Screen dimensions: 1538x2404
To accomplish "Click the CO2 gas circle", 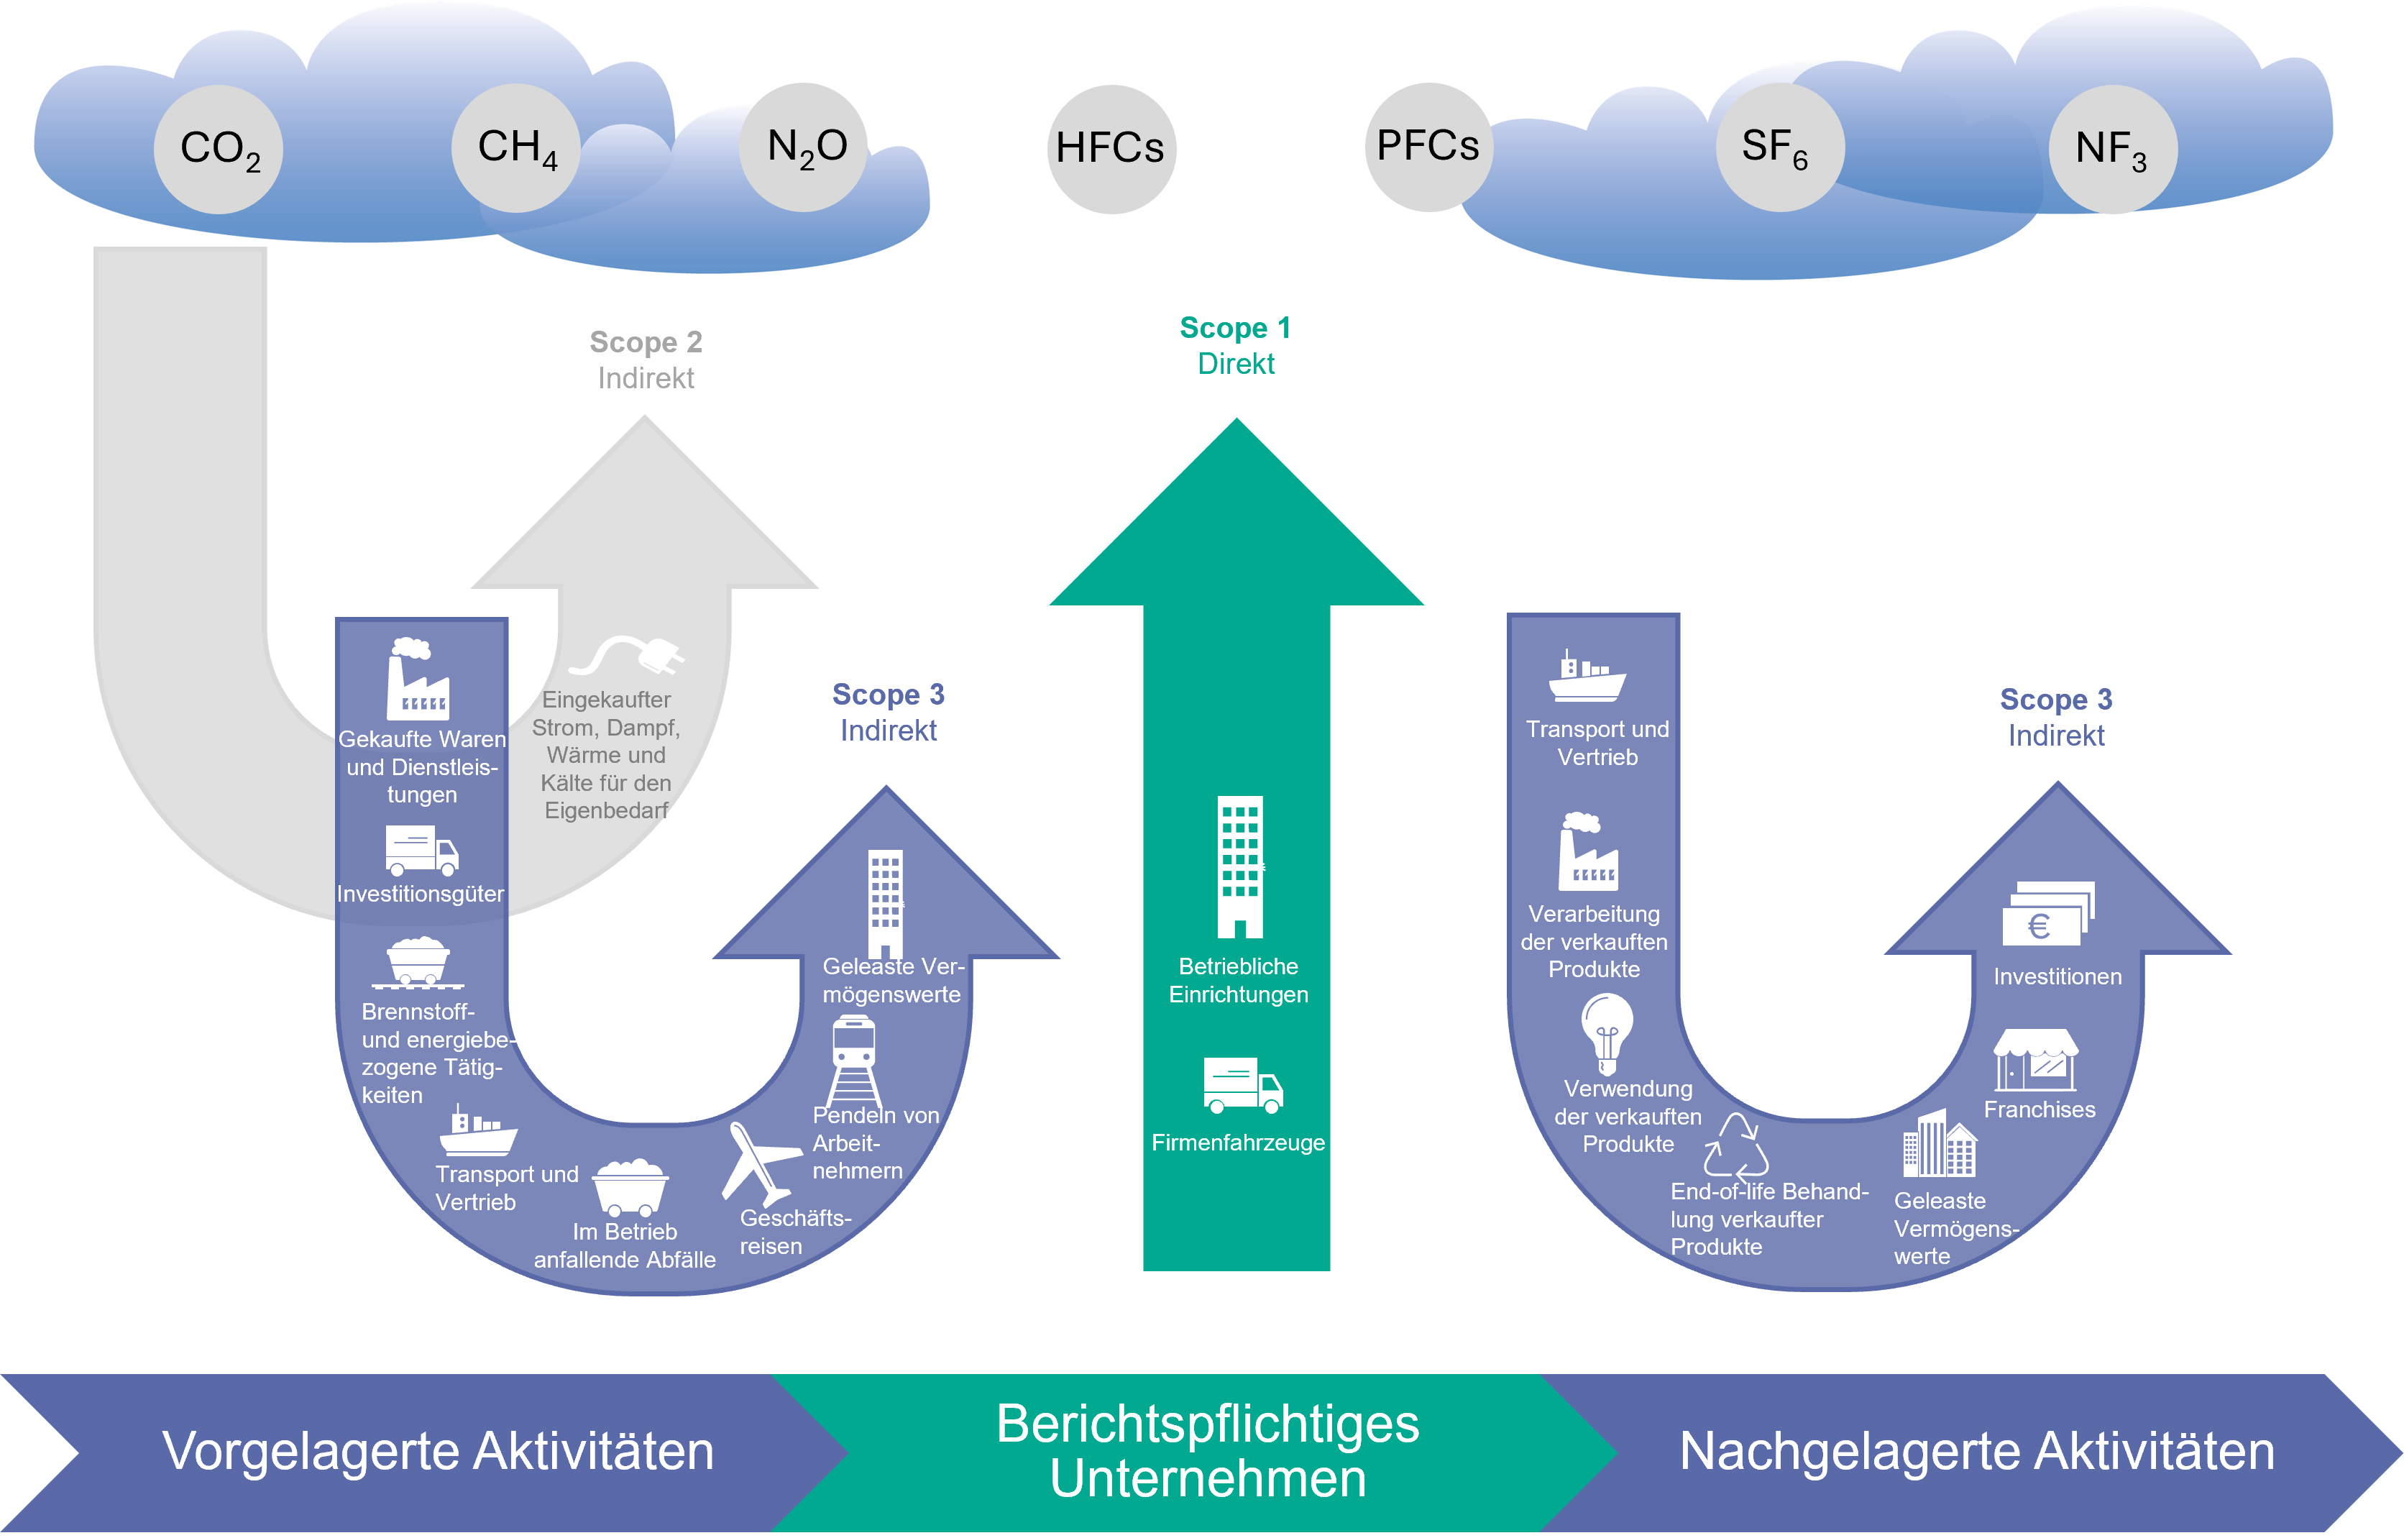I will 219,149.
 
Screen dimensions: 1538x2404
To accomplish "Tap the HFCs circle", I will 1111,149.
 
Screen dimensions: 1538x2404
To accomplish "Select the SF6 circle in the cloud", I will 1779,147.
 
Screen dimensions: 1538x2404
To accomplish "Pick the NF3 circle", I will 2111,149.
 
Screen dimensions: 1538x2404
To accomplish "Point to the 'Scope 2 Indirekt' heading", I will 646,360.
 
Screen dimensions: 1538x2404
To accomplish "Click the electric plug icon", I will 629,656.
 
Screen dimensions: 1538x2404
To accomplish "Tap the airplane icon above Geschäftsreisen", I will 758,1163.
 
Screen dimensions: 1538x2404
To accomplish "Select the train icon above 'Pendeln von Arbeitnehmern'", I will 853,1058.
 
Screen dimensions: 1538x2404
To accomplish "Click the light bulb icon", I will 1606,1034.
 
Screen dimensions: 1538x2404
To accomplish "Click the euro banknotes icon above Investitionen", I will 2047,914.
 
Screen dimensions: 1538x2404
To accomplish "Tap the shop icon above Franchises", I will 2036,1061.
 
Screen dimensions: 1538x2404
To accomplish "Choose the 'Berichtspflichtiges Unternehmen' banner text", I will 1207,1451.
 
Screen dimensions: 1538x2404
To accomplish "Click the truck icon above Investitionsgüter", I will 421,851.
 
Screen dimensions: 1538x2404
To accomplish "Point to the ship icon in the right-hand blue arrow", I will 1587,677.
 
